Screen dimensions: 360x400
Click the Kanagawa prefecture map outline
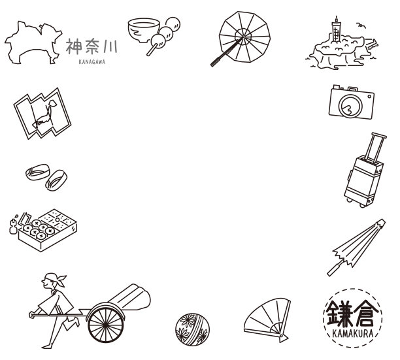pyautogui.click(x=31, y=43)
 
